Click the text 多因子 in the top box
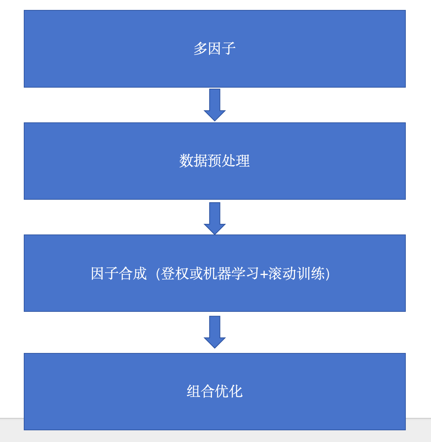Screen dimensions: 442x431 214,49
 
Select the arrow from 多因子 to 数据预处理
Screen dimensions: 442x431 214,105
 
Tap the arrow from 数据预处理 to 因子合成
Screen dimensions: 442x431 214,218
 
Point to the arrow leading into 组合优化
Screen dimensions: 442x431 214,332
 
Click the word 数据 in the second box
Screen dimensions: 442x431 193,161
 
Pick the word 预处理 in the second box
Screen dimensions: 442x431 229,161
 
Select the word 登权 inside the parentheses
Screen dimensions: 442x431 175,274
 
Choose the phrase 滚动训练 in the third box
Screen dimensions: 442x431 296,274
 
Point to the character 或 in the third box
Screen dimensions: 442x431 196,274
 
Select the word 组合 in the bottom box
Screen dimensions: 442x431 201,391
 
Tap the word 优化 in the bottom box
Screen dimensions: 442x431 229,391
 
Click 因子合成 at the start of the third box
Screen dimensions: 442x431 119,274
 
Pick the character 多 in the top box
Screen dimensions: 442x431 200,49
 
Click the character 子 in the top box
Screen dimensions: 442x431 229,49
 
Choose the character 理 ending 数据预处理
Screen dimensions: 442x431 243,161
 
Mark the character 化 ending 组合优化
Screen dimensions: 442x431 236,391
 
